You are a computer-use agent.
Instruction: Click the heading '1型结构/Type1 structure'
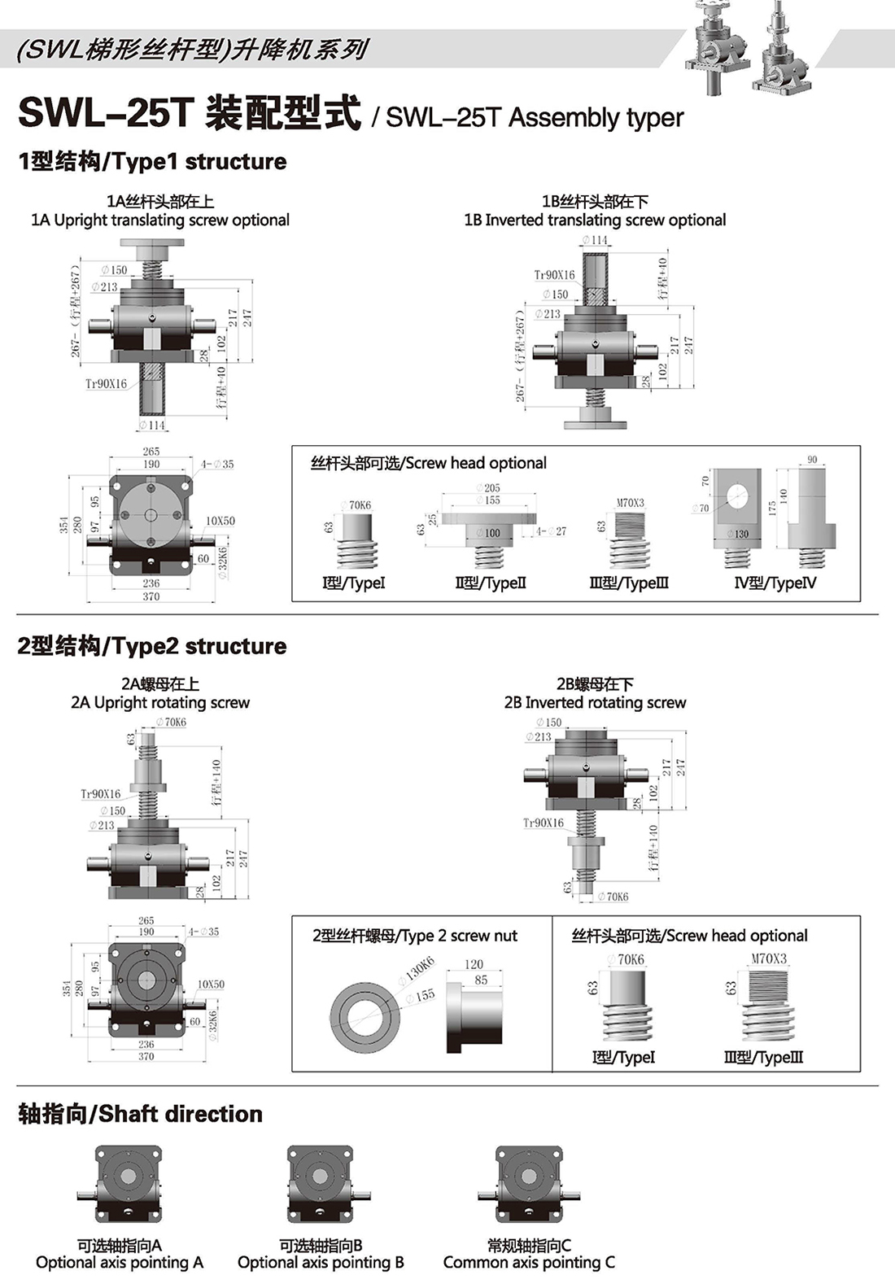coord(152,161)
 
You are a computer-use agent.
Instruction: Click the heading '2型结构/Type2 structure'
coord(152,646)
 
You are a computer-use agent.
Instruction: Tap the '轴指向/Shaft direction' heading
coord(140,1114)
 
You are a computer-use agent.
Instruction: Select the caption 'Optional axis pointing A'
coord(120,1263)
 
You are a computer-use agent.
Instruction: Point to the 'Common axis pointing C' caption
coord(529,1263)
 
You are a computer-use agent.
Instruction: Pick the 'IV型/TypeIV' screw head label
coord(775,583)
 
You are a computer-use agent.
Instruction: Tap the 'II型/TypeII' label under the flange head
coord(491,583)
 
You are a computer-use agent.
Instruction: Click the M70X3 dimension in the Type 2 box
coord(769,959)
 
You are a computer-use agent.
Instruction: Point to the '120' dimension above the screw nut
coord(474,964)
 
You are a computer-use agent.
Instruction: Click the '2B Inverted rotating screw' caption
coord(595,702)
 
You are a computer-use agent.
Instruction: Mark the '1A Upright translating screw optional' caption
coord(160,220)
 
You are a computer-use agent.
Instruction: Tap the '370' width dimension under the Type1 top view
coord(151,596)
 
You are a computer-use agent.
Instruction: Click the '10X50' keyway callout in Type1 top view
coord(220,521)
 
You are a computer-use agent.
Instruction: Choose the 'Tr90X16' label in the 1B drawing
coord(554,275)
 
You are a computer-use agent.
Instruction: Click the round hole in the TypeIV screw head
coord(738,496)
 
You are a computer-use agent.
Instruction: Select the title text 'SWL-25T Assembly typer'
coord(535,118)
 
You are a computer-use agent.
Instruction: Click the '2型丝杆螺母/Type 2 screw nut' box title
coord(415,936)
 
